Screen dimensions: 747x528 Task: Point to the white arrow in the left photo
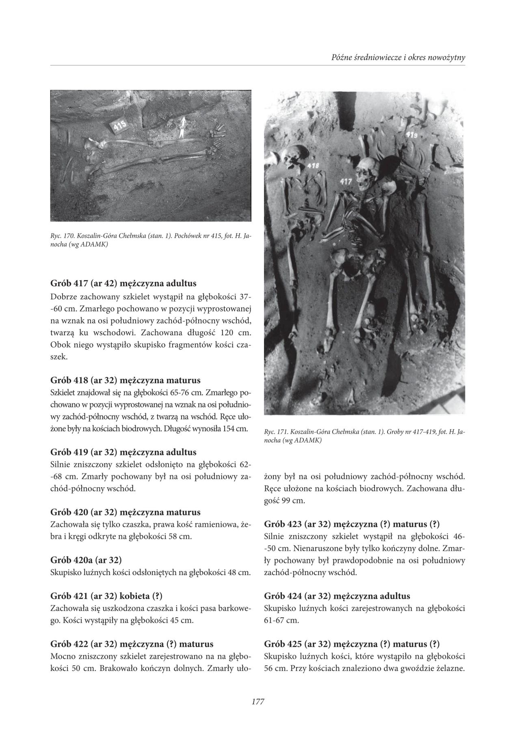tap(183, 126)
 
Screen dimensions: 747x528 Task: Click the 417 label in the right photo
tap(346, 181)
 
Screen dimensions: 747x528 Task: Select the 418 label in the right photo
tap(313, 166)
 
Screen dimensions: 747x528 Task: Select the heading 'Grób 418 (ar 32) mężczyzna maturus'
tap(126, 381)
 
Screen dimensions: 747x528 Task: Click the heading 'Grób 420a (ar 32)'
tap(86, 560)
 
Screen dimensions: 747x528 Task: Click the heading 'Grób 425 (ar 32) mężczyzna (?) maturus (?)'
tap(352, 644)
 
